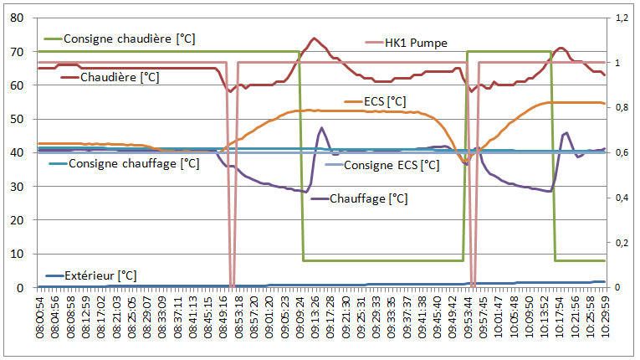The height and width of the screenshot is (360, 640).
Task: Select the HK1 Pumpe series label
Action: pyautogui.click(x=416, y=43)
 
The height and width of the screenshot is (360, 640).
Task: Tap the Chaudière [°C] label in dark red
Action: pyautogui.click(x=120, y=77)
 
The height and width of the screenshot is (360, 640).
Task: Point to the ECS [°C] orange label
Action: pyautogui.click(x=385, y=101)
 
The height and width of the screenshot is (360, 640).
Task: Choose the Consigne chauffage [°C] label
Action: pyautogui.click(x=134, y=163)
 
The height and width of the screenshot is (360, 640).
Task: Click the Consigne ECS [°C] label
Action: pyautogui.click(x=392, y=165)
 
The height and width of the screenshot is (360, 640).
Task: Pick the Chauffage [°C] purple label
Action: pyautogui.click(x=369, y=198)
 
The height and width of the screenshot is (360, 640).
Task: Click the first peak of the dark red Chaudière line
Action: pyautogui.click(x=314, y=39)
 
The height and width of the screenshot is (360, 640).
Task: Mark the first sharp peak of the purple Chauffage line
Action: pyautogui.click(x=321, y=128)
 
